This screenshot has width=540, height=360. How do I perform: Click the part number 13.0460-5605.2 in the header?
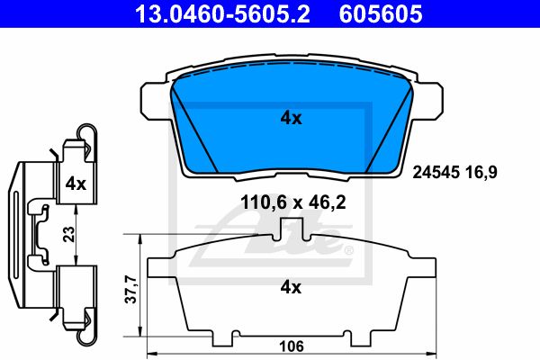[x=222, y=13]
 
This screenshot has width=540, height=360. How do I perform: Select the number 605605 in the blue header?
[x=381, y=13]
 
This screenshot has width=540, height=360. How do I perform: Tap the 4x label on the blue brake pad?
[x=291, y=118]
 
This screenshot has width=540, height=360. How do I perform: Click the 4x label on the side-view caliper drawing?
[x=76, y=184]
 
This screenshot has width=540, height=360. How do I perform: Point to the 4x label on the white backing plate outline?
[x=291, y=286]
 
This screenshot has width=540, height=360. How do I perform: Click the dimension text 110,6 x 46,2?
[x=293, y=202]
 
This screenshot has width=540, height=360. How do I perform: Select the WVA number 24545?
[x=436, y=172]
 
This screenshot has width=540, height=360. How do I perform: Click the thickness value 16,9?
[x=481, y=172]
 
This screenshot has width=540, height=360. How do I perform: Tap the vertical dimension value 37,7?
[x=131, y=290]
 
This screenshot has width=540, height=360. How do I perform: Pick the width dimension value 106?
[x=292, y=346]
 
